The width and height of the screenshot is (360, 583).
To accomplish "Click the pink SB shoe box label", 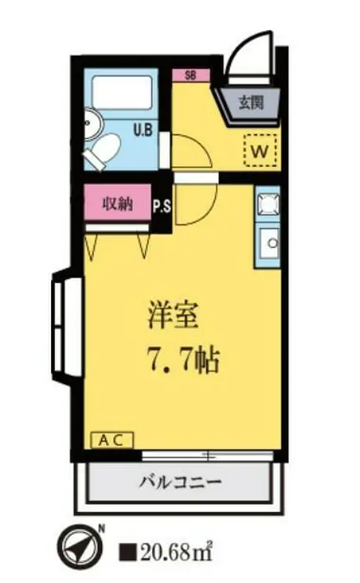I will point(191,76).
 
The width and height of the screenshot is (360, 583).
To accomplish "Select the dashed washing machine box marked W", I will point(261,149).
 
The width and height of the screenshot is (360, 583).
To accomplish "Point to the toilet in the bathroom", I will point(102,151).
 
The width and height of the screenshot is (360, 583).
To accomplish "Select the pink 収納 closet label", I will point(117,204).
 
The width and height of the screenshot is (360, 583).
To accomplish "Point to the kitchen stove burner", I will point(266,205).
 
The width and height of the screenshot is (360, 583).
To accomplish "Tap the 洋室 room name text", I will point(178,316).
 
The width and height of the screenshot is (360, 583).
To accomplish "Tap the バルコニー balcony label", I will point(181,481).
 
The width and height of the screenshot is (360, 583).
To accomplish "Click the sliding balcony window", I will point(207,456).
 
